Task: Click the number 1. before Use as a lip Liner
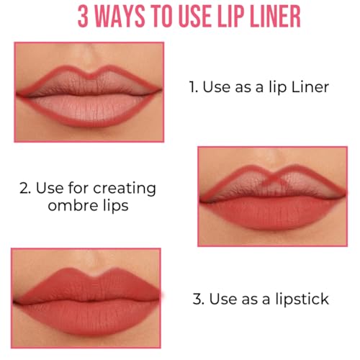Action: point(193,87)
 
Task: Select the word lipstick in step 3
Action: point(301,297)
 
